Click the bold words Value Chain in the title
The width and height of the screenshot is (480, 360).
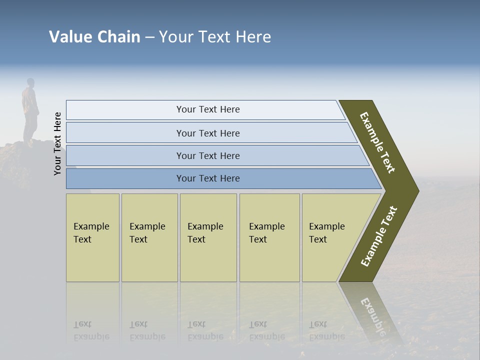click(94, 37)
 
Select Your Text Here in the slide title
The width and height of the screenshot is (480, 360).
click(215, 37)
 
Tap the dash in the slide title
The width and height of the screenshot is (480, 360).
click(149, 37)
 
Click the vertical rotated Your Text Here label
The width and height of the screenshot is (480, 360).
click(57, 143)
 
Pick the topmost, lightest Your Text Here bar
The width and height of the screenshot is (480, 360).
click(208, 109)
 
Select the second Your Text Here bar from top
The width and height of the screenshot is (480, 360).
click(208, 133)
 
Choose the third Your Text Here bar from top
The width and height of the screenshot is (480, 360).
click(208, 155)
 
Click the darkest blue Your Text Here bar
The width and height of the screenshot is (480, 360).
click(208, 178)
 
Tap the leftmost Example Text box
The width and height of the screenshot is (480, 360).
click(92, 237)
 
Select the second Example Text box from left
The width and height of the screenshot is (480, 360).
click(149, 237)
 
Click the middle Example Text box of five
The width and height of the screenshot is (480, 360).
click(208, 237)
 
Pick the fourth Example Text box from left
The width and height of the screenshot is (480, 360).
click(269, 237)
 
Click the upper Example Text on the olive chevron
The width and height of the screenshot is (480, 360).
click(377, 142)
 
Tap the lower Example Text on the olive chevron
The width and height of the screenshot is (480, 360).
click(378, 236)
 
